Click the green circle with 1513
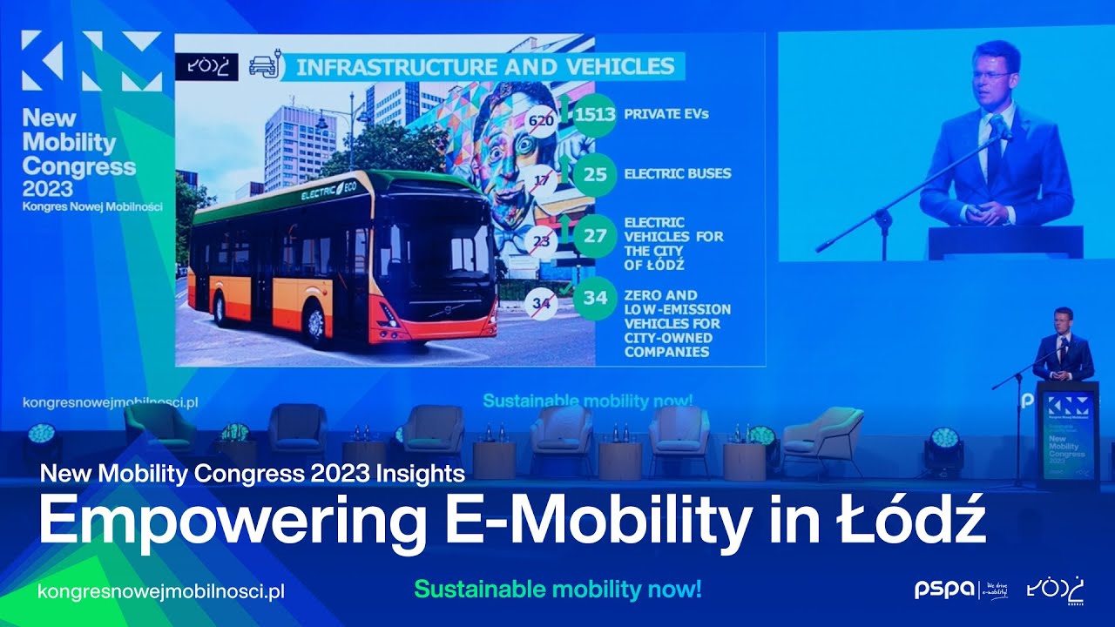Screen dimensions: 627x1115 click(595, 114)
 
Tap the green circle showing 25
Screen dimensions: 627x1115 click(595, 174)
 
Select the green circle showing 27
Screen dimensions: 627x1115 click(595, 236)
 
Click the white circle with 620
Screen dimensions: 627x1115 click(541, 120)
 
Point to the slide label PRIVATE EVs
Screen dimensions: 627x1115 click(665, 114)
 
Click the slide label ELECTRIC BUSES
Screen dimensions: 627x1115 click(677, 173)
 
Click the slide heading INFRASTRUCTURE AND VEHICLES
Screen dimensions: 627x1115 click(485, 66)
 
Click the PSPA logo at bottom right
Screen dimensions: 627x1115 click(944, 590)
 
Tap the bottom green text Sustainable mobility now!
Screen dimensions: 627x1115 click(557, 590)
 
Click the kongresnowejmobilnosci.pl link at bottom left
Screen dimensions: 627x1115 click(161, 591)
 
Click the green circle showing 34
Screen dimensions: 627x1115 click(595, 298)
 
